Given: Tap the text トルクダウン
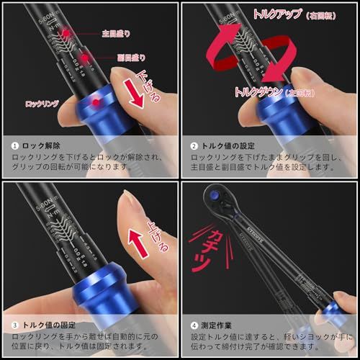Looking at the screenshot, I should coord(258,91).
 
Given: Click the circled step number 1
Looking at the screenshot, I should coord(14,144).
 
